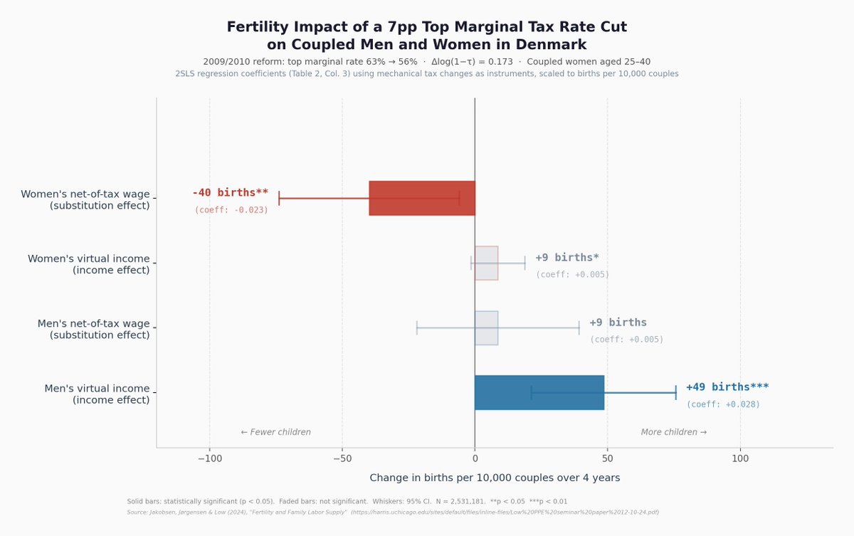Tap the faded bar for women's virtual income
point(486,263)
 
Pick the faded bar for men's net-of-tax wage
point(486,327)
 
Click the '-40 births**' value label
point(230,193)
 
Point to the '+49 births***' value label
point(727,387)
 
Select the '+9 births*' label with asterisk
point(567,258)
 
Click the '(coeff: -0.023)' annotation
point(231,210)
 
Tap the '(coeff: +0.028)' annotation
point(723,404)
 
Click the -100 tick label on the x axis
point(209,459)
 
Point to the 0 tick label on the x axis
point(475,459)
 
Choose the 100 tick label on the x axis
point(740,459)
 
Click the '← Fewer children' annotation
point(275,432)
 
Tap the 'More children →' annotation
point(674,432)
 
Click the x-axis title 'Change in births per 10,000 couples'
point(495,478)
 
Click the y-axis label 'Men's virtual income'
point(97,389)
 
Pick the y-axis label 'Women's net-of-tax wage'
point(85,194)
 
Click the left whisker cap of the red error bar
point(279,198)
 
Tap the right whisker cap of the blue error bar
point(675,392)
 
